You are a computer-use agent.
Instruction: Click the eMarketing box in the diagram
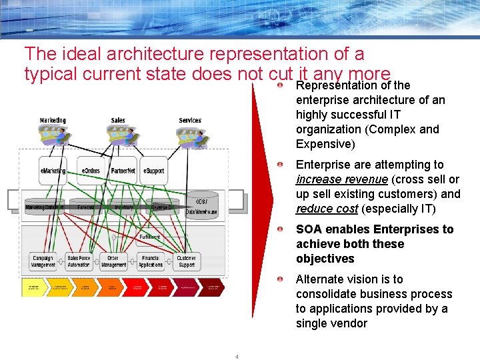[53, 171]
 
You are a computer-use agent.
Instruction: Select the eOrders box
[91, 171]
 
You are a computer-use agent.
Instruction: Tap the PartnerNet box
[123, 171]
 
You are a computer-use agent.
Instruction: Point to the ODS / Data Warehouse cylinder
[201, 207]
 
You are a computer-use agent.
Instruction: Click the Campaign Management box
[43, 261]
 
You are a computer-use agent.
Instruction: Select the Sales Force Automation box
[79, 261]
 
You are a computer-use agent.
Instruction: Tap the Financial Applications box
[150, 261]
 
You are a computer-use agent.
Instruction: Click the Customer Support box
[187, 261]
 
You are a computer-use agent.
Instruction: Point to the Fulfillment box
[149, 237]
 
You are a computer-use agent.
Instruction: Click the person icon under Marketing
[59, 136]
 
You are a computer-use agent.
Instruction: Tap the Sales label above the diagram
[118, 121]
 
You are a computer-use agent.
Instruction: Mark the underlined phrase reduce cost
[327, 209]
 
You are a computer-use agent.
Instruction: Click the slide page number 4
[237, 356]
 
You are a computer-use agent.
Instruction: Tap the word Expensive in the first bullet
[323, 144]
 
